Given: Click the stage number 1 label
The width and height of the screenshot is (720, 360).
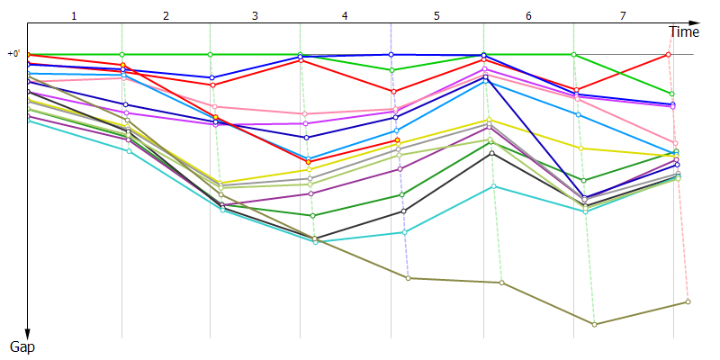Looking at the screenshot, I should (x=74, y=16).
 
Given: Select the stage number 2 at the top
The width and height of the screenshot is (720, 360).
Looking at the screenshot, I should (x=166, y=16).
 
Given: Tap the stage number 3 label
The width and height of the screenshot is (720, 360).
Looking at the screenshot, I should (x=255, y=16).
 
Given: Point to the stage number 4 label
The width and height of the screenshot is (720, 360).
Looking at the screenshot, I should (x=345, y=16).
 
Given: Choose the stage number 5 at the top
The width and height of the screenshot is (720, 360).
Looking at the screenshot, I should (x=436, y=16).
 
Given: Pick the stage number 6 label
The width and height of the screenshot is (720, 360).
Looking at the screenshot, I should (x=528, y=16).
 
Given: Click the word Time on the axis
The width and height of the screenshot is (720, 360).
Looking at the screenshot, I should (x=683, y=32).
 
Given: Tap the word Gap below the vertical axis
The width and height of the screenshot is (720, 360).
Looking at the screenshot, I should (x=22, y=346).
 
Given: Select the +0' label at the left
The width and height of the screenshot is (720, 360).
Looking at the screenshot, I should (x=13, y=54).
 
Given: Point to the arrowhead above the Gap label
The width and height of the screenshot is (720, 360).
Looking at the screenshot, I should (x=29, y=331).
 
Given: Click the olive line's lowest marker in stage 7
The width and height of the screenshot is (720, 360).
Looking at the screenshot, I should (x=594, y=324).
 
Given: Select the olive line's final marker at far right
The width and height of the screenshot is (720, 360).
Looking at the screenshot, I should (x=688, y=301).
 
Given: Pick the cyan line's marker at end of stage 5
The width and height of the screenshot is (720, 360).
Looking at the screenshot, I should (x=493, y=186).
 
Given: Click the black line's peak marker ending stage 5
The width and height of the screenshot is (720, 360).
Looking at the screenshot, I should (x=491, y=153).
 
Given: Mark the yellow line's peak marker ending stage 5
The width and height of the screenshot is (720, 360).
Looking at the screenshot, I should (x=489, y=120).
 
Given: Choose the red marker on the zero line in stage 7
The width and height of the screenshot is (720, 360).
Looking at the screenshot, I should (x=668, y=55).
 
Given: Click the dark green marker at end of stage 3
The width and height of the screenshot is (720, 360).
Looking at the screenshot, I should (x=312, y=216).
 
